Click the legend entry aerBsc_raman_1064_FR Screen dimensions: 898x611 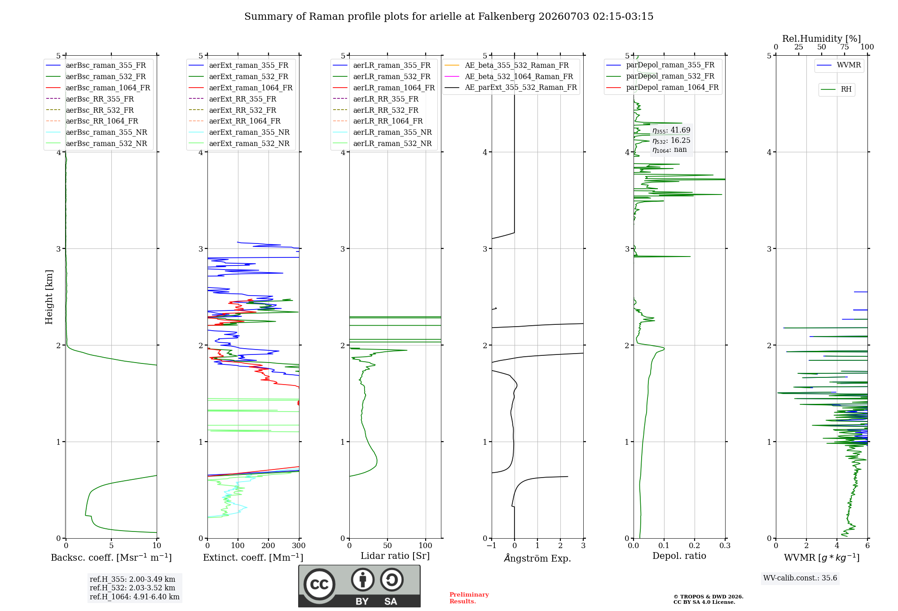[x=98, y=88]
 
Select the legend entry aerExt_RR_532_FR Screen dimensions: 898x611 [x=233, y=110]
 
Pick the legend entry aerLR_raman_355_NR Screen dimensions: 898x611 [x=382, y=132]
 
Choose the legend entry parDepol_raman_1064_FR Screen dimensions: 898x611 [x=662, y=87]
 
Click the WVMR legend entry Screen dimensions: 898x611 [x=839, y=65]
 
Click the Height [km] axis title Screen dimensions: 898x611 [x=49, y=297]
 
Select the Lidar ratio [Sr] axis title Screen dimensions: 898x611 [x=395, y=556]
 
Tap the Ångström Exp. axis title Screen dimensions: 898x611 [x=537, y=558]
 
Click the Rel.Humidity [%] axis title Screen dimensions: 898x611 [x=822, y=39]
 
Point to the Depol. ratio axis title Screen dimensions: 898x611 [x=679, y=556]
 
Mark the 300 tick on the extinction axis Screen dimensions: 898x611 [x=299, y=545]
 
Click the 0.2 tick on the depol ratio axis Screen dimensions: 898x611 [x=695, y=545]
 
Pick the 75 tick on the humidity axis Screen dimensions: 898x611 [x=845, y=47]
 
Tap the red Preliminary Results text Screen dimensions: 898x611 [x=469, y=598]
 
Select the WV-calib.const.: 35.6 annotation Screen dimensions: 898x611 [x=800, y=578]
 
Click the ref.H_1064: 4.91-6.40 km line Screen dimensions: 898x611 [x=135, y=597]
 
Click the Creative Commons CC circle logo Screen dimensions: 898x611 [x=319, y=584]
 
